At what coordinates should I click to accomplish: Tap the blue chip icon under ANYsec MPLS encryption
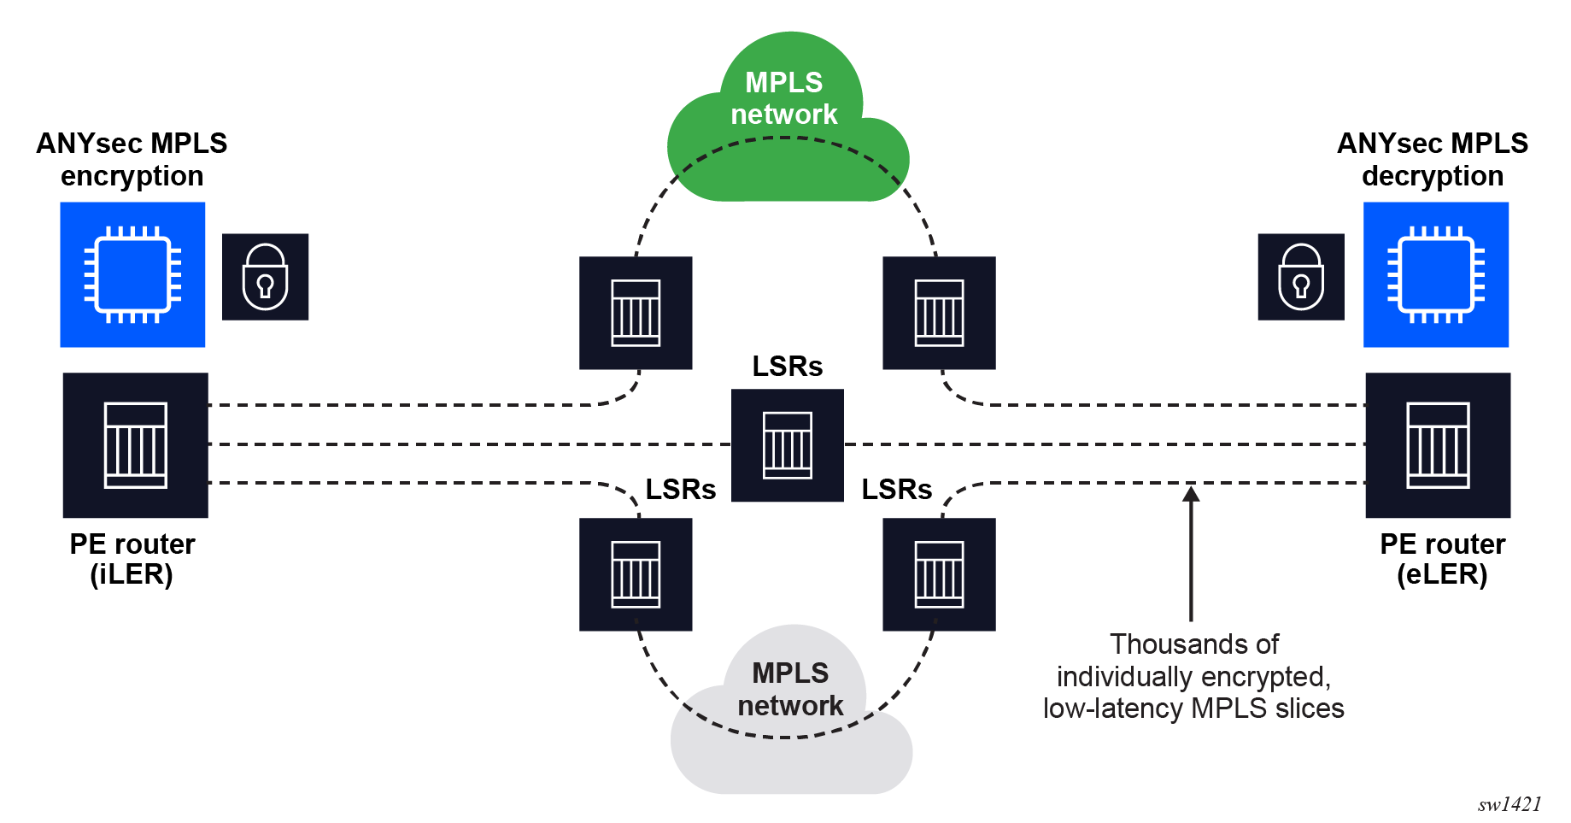pyautogui.click(x=132, y=274)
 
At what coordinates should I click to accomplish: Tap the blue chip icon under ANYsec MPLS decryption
pyautogui.click(x=1435, y=274)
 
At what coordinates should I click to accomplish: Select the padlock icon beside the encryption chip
pyautogui.click(x=265, y=277)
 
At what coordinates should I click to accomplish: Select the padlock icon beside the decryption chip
pyautogui.click(x=1301, y=277)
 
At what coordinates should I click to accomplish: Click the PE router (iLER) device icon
pyautogui.click(x=136, y=444)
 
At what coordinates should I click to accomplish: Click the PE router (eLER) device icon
pyautogui.click(x=1438, y=444)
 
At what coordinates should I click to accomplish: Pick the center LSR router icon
pyautogui.click(x=787, y=444)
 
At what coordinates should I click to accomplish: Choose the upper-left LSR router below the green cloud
pyautogui.click(x=636, y=313)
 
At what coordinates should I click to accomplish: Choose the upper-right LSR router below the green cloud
pyautogui.click(x=939, y=313)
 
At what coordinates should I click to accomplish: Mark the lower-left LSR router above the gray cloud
pyautogui.click(x=636, y=574)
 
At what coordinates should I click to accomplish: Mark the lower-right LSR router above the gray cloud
pyautogui.click(x=939, y=574)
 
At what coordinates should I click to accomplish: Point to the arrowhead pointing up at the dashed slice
pyautogui.click(x=1191, y=493)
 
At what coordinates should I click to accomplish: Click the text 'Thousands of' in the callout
pyautogui.click(x=1193, y=644)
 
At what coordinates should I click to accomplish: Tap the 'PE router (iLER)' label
pyautogui.click(x=132, y=559)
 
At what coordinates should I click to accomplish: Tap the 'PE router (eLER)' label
pyautogui.click(x=1442, y=559)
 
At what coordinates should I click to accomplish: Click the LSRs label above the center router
pyautogui.click(x=787, y=366)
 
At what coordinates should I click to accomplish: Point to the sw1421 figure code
pyautogui.click(x=1509, y=804)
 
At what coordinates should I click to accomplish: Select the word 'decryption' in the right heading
pyautogui.click(x=1433, y=176)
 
